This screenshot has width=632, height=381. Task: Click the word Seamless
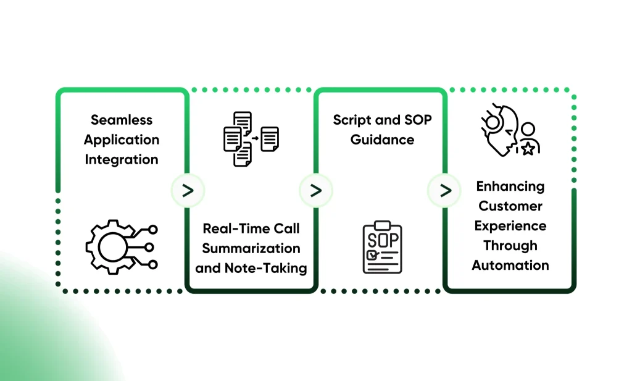[x=122, y=120]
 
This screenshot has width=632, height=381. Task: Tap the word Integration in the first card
[x=122, y=159]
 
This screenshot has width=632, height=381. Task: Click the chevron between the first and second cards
[x=188, y=190]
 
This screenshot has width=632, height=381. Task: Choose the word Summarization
[x=251, y=248]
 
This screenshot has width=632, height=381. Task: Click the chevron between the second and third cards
[x=316, y=190]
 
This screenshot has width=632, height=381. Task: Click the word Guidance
[x=382, y=140]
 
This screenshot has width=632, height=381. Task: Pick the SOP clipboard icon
[x=382, y=247]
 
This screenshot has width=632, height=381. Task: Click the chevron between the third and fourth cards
[x=444, y=190]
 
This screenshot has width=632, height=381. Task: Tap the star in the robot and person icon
[x=528, y=149]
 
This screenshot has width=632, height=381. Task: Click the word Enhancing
[x=510, y=186]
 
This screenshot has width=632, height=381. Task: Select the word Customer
[x=510, y=206]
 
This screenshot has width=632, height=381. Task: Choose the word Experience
[x=510, y=226]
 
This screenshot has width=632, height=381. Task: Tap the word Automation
[x=510, y=266]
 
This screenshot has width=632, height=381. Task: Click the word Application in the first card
[x=122, y=140]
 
